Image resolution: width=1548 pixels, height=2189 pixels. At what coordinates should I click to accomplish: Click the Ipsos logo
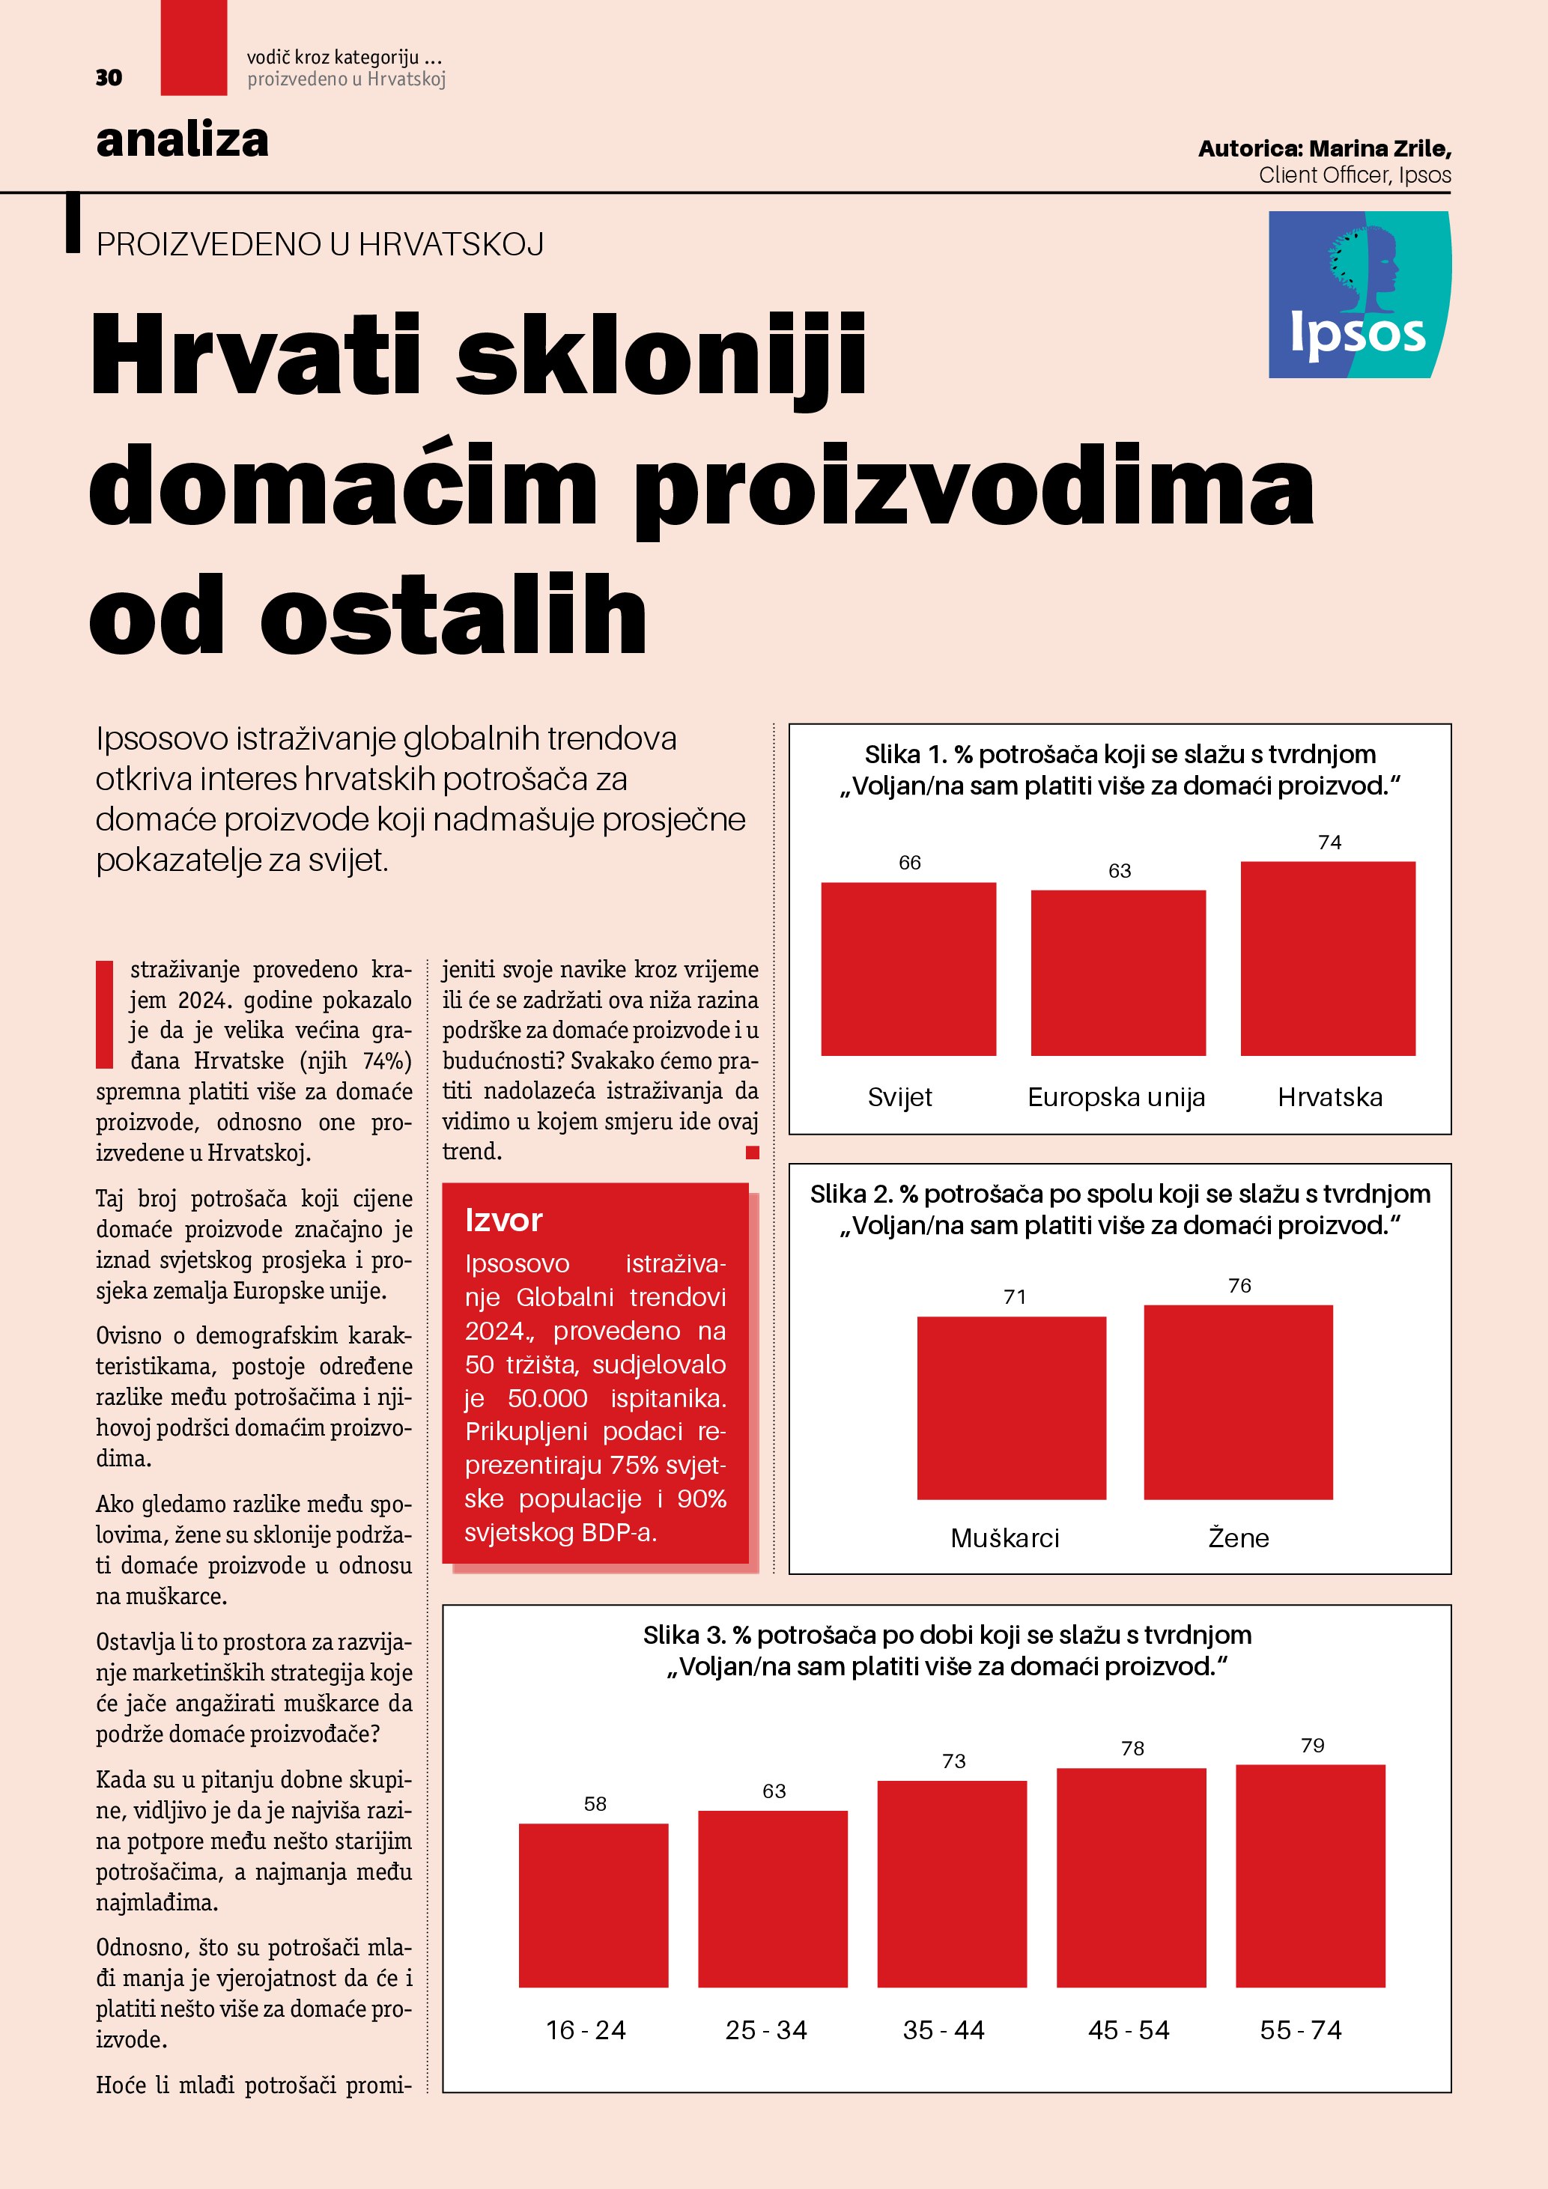pyautogui.click(x=1359, y=294)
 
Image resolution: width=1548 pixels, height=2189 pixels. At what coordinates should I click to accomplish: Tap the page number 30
pyautogui.click(x=109, y=78)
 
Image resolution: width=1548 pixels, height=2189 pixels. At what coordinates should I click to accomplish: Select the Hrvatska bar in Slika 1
pyautogui.click(x=1327, y=958)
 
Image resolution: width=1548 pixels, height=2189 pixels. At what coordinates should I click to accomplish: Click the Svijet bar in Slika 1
pyautogui.click(x=908, y=968)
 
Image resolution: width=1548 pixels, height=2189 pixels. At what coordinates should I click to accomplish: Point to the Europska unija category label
pyautogui.click(x=1116, y=1097)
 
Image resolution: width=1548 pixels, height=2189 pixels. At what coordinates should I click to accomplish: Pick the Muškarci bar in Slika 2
pyautogui.click(x=1011, y=1407)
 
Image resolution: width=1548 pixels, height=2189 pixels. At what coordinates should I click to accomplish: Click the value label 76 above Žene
pyautogui.click(x=1239, y=1285)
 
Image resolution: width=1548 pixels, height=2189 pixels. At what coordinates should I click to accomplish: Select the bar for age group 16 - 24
pyautogui.click(x=593, y=1905)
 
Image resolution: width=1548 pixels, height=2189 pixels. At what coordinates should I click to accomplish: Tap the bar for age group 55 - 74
pyautogui.click(x=1310, y=1875)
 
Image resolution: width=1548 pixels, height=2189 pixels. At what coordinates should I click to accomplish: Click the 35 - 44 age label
pyautogui.click(x=944, y=2029)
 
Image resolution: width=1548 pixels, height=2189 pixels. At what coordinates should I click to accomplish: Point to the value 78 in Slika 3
pyautogui.click(x=1132, y=1748)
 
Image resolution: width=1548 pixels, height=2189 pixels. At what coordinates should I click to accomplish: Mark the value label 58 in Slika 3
pyautogui.click(x=595, y=1803)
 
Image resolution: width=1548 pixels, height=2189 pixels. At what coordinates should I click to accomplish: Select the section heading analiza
pyautogui.click(x=182, y=140)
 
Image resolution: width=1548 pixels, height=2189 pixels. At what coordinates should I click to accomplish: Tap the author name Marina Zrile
pyautogui.click(x=1379, y=149)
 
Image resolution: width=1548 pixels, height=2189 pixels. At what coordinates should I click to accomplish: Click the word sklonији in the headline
pyautogui.click(x=661, y=355)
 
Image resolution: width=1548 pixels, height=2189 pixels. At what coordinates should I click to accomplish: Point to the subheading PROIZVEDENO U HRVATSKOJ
pyautogui.click(x=321, y=244)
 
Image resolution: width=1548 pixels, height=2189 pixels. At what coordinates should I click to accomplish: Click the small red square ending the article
pyautogui.click(x=752, y=1153)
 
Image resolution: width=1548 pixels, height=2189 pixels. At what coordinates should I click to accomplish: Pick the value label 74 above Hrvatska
pyautogui.click(x=1329, y=842)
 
